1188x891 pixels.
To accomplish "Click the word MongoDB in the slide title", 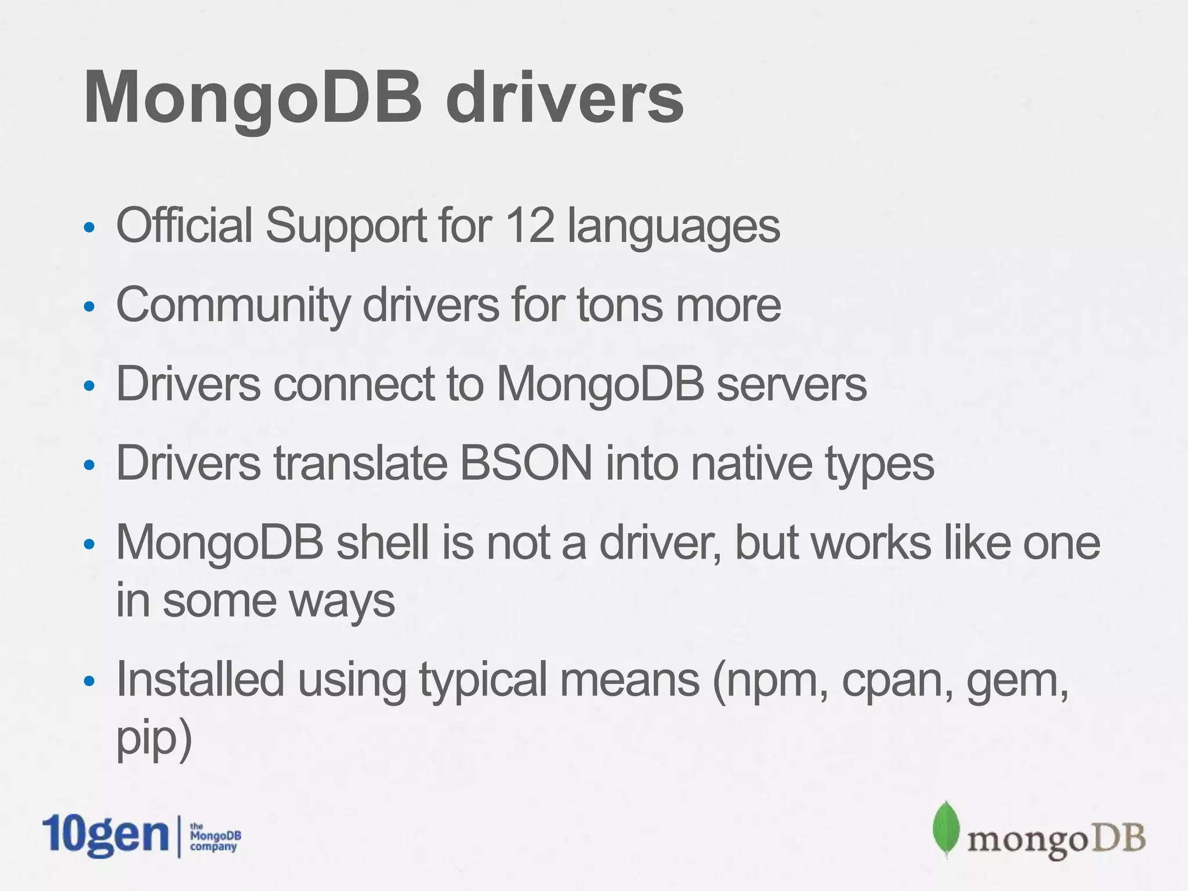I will pyautogui.click(x=253, y=97).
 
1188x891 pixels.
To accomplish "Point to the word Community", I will pyautogui.click(x=233, y=306).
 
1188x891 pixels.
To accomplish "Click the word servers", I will pyautogui.click(x=791, y=384).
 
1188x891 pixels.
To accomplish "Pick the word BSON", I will pyautogui.click(x=526, y=463).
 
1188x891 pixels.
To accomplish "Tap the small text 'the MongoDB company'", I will pyautogui.click(x=215, y=837).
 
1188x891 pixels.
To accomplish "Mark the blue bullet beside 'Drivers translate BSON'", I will pyautogui.click(x=89, y=465).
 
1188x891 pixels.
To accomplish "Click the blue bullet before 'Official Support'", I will pyautogui.click(x=89, y=227).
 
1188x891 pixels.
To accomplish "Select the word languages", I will pyautogui.click(x=673, y=226).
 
